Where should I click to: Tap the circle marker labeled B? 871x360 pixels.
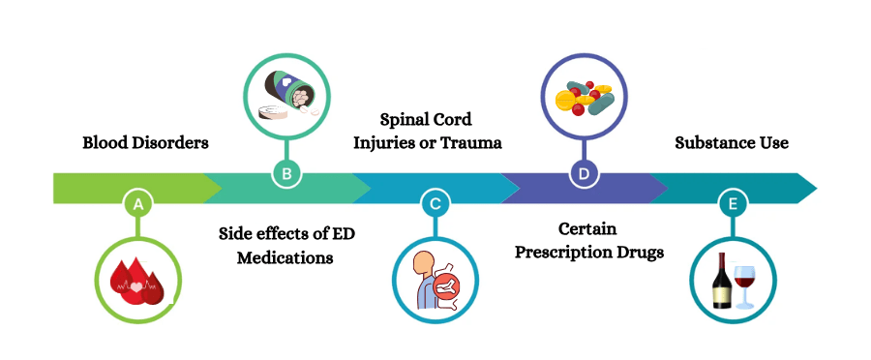286,173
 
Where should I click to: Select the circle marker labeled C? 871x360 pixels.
435,203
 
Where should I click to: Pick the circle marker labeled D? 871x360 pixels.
584,173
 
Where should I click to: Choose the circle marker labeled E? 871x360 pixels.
732,203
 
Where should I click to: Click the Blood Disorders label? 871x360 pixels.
145,143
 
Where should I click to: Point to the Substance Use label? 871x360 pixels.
731,143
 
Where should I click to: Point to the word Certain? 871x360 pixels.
586,229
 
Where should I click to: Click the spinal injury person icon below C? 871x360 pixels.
435,281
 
